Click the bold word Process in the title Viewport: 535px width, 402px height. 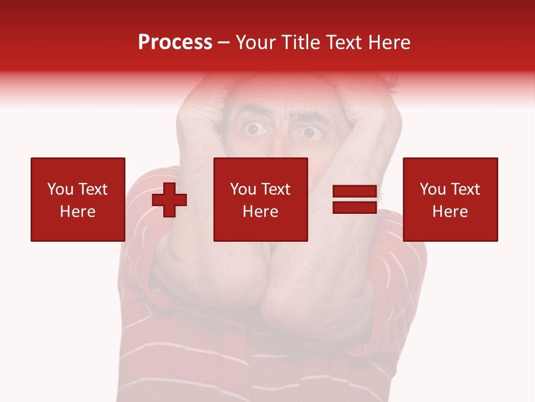tap(175, 42)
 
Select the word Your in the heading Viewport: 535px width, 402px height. tap(255, 42)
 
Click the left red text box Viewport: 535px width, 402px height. tap(77, 199)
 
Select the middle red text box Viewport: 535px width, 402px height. tap(260, 199)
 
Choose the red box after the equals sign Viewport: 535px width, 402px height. tap(450, 199)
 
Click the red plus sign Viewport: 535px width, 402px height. tap(169, 200)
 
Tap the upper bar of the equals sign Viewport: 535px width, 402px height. tap(354, 192)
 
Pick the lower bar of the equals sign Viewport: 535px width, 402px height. tap(354, 207)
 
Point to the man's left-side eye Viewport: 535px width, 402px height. tap(255, 130)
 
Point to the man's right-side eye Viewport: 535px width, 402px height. tap(309, 133)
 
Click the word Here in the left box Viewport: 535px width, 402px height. tap(77, 212)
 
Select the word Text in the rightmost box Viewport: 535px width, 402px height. tap(464, 189)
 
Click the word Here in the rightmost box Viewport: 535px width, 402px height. tap(450, 212)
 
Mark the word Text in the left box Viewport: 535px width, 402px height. tap(92, 189)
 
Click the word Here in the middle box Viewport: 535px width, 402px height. tap(260, 212)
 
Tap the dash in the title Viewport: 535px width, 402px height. tap(224, 43)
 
